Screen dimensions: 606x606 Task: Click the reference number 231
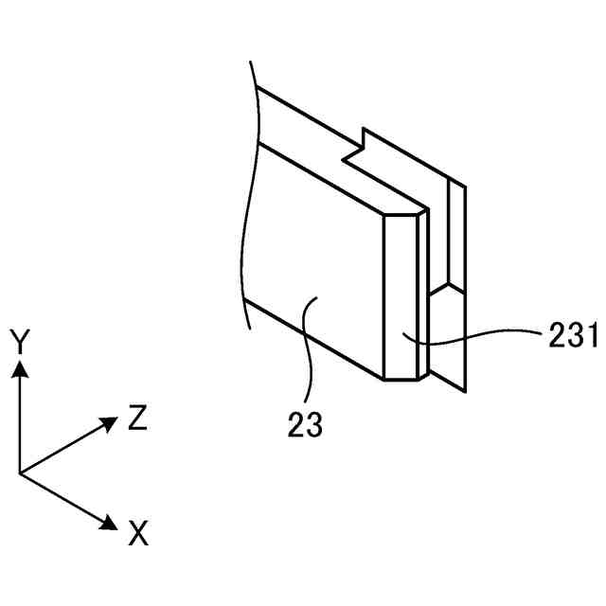click(571, 334)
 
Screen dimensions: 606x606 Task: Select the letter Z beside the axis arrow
click(137, 418)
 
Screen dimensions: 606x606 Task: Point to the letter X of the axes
click(138, 535)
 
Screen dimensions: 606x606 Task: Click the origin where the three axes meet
click(19, 472)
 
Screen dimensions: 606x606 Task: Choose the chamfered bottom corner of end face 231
click(401, 379)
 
